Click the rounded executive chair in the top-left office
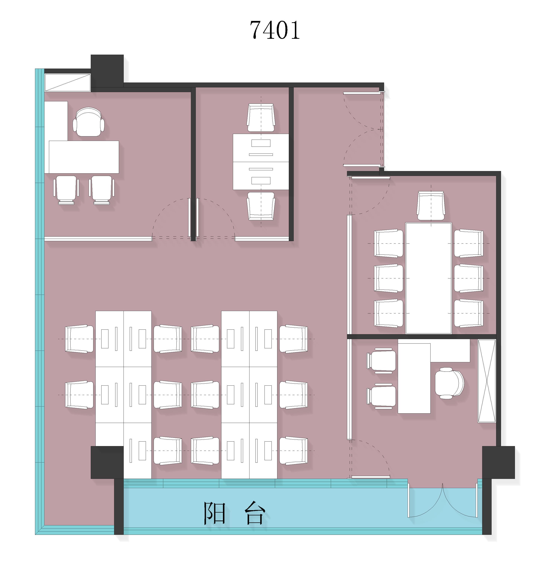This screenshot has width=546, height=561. [x=89, y=122]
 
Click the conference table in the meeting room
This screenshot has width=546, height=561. [x=429, y=278]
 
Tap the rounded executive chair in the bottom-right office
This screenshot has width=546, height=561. [x=449, y=383]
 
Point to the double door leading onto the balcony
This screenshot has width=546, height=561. [x=442, y=500]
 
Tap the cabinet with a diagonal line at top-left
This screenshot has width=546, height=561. [x=68, y=83]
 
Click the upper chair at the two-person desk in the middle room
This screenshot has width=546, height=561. [x=261, y=118]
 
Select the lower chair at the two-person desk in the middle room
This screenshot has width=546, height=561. [x=261, y=206]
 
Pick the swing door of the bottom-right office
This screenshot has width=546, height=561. [x=369, y=459]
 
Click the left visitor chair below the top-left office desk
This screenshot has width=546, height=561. [x=66, y=190]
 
